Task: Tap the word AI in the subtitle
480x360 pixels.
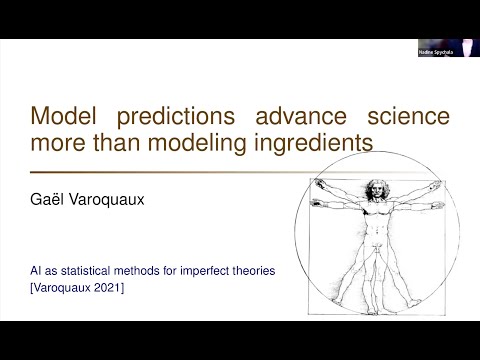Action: click(x=36, y=270)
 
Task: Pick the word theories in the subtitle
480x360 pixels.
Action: click(x=255, y=270)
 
